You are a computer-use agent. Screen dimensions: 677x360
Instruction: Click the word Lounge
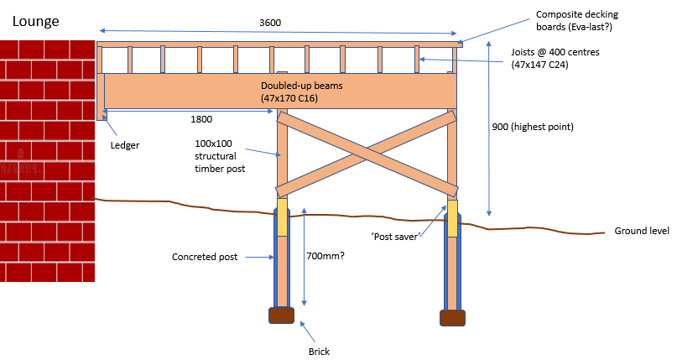pyautogui.click(x=36, y=21)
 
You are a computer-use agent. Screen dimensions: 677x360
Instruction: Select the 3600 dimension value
pyautogui.click(x=270, y=23)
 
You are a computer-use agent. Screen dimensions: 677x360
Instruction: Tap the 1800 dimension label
pyautogui.click(x=201, y=119)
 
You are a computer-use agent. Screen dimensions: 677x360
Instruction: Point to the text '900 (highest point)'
pyautogui.click(x=533, y=127)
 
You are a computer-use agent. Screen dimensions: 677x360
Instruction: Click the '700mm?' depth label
pyautogui.click(x=325, y=256)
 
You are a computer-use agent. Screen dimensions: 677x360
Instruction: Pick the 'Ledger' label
pyautogui.click(x=125, y=145)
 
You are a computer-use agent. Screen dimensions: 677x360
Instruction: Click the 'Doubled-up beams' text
pyautogui.click(x=302, y=86)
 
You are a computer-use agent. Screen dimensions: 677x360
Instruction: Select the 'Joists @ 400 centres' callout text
pyautogui.click(x=555, y=52)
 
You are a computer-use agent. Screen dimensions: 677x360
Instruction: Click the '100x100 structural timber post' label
pyautogui.click(x=220, y=156)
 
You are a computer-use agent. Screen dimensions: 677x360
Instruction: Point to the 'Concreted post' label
pyautogui.click(x=205, y=257)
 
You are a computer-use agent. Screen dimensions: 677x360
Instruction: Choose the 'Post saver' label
pyautogui.click(x=396, y=237)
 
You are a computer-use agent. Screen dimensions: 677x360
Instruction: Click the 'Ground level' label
pyautogui.click(x=642, y=231)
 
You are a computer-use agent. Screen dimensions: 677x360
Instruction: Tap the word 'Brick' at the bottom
pyautogui.click(x=319, y=352)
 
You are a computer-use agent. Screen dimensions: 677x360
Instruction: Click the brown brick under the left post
pyautogui.click(x=282, y=316)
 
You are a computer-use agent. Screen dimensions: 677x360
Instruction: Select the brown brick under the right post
pyautogui.click(x=452, y=318)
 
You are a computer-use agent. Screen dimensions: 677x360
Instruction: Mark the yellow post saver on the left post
pyautogui.click(x=282, y=217)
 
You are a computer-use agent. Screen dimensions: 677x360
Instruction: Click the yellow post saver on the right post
pyautogui.click(x=452, y=218)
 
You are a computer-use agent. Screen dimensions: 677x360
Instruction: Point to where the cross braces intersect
pyautogui.click(x=367, y=154)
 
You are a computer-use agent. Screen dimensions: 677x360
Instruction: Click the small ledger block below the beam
pyautogui.click(x=102, y=114)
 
